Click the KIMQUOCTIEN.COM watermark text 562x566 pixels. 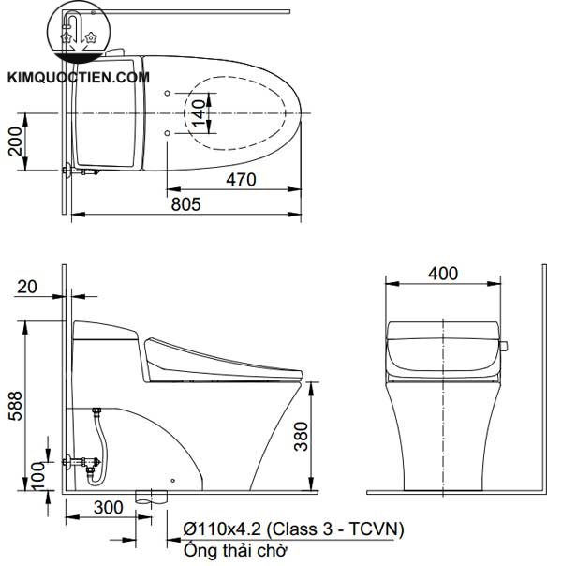(x=77, y=78)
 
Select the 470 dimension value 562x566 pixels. (x=240, y=181)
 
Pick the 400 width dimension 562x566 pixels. (x=443, y=273)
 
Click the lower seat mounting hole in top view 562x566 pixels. (x=167, y=134)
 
